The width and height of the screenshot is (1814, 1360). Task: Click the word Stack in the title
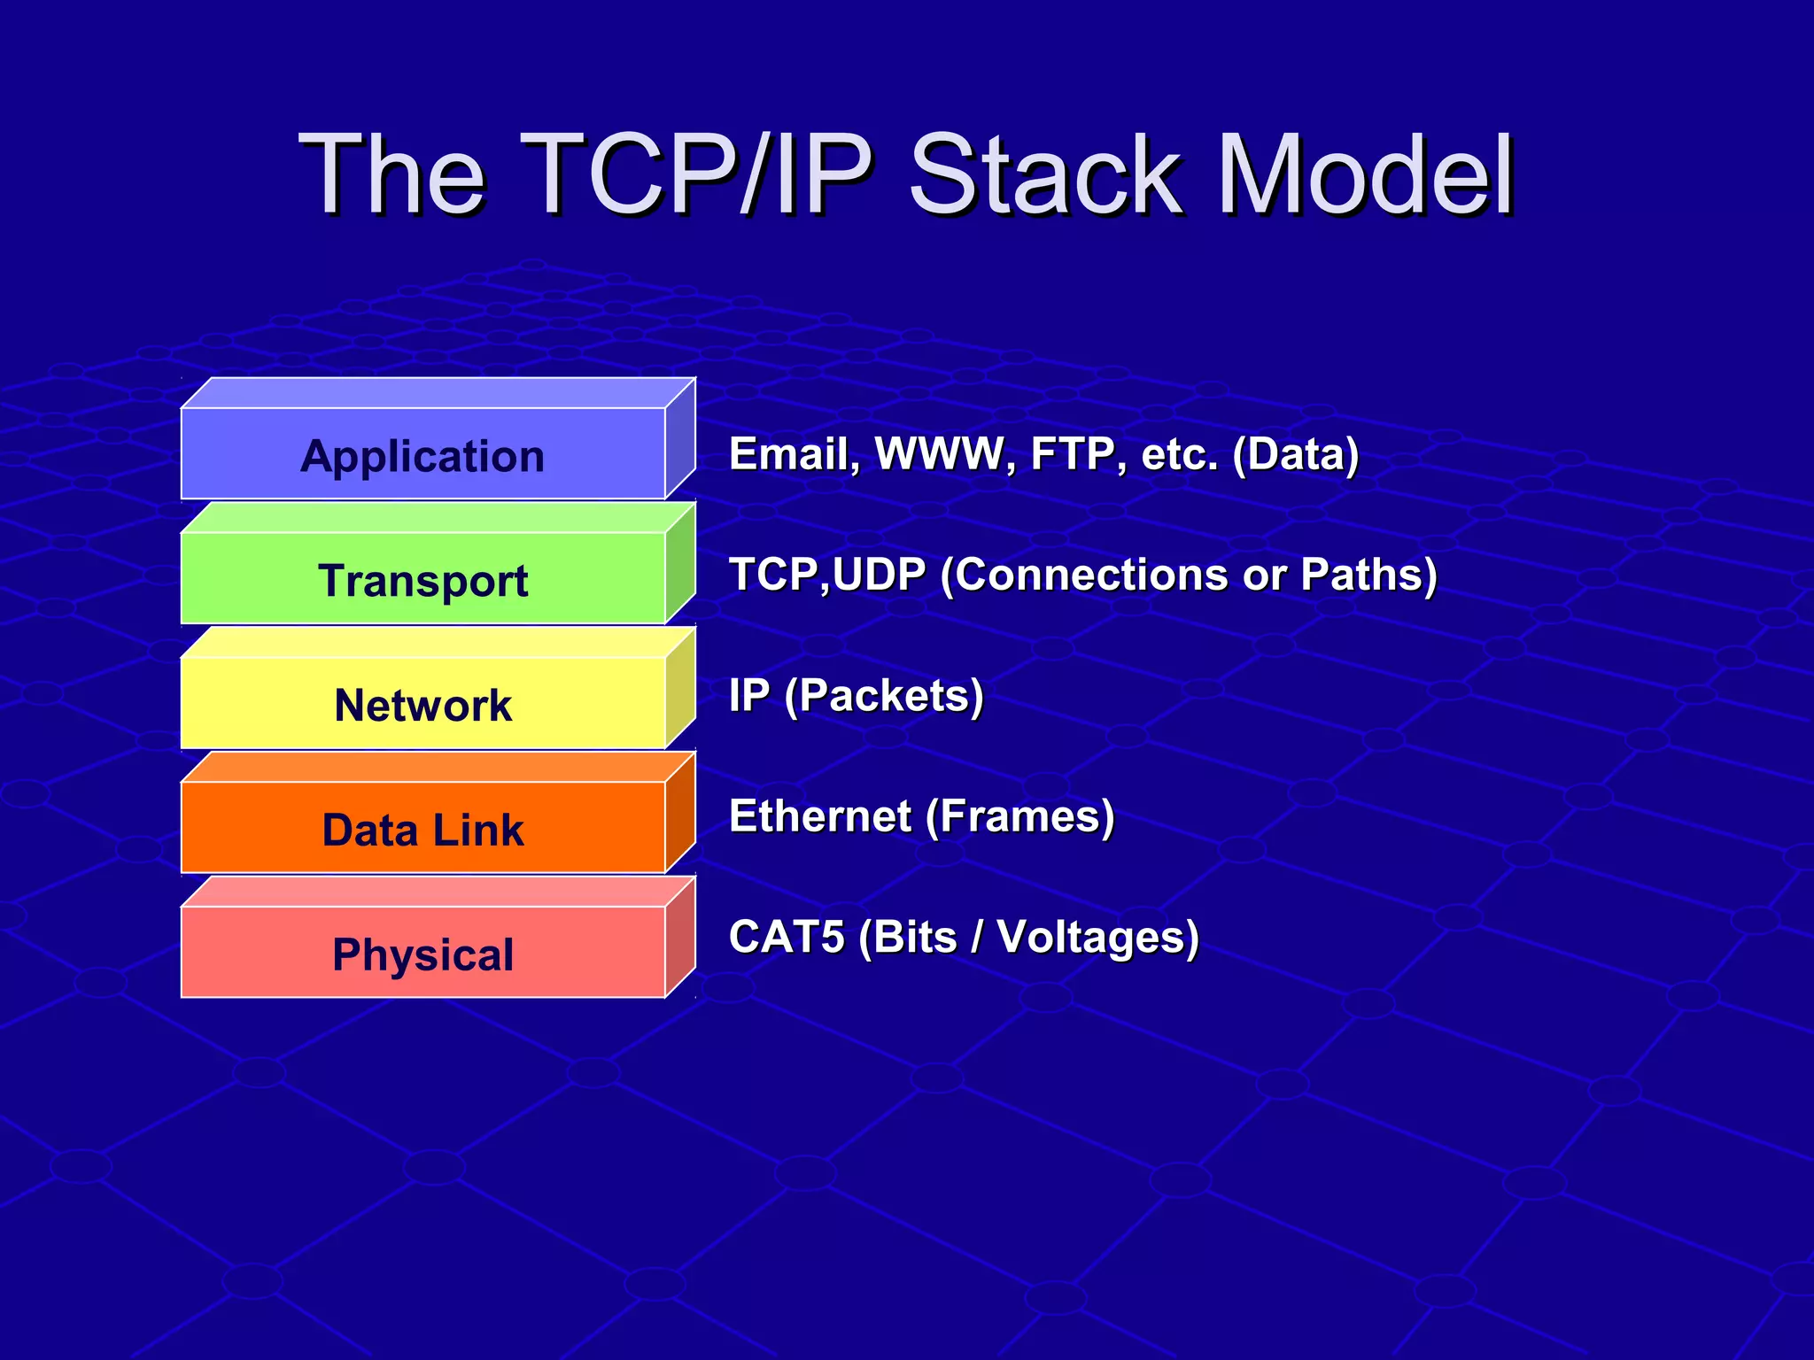(1045, 174)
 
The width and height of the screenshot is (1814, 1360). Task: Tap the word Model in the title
(1365, 174)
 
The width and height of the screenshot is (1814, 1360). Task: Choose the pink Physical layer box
(422, 954)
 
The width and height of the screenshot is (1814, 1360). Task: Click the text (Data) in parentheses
(1295, 454)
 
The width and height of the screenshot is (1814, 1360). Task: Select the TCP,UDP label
(826, 575)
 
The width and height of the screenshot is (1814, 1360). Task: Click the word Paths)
(1368, 575)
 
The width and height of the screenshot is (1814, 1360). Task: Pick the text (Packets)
(884, 696)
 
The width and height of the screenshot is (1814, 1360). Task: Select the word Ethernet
(819, 815)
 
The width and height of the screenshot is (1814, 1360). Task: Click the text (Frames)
(1019, 815)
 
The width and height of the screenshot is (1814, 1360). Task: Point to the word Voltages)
(1097, 937)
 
